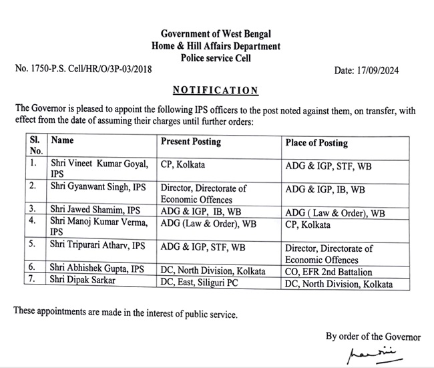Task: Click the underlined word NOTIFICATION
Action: tap(214, 90)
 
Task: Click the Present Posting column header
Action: tap(191, 142)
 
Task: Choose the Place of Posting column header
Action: tap(316, 142)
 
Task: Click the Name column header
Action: tap(63, 141)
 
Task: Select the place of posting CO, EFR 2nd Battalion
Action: tap(329, 272)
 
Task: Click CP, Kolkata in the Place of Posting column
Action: tap(308, 224)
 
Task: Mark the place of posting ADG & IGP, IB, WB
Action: tap(325, 189)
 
